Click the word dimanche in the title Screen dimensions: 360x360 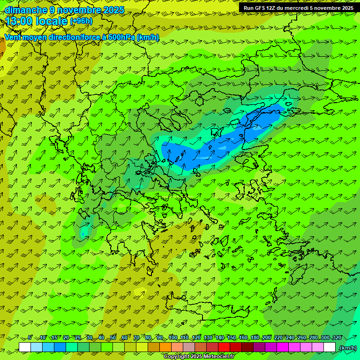click(x=26, y=10)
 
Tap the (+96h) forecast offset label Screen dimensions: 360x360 click(x=81, y=21)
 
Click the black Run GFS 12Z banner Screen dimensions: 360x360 click(x=299, y=7)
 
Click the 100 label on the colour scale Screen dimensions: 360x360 click(x=173, y=337)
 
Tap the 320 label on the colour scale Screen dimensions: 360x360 click(x=337, y=337)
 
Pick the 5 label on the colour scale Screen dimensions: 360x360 click(x=30, y=337)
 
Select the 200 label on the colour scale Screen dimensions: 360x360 click(x=267, y=337)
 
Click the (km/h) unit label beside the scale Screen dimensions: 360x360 click(x=347, y=348)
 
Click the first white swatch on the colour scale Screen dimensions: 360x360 click(x=25, y=347)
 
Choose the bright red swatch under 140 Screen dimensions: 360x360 click(x=224, y=347)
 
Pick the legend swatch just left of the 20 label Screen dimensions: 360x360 click(x=60, y=347)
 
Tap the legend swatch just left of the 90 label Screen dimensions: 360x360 click(x=154, y=347)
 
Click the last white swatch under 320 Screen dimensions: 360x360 click(x=330, y=347)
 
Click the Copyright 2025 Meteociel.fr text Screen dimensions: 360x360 click(x=199, y=356)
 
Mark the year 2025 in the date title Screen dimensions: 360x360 click(x=113, y=10)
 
